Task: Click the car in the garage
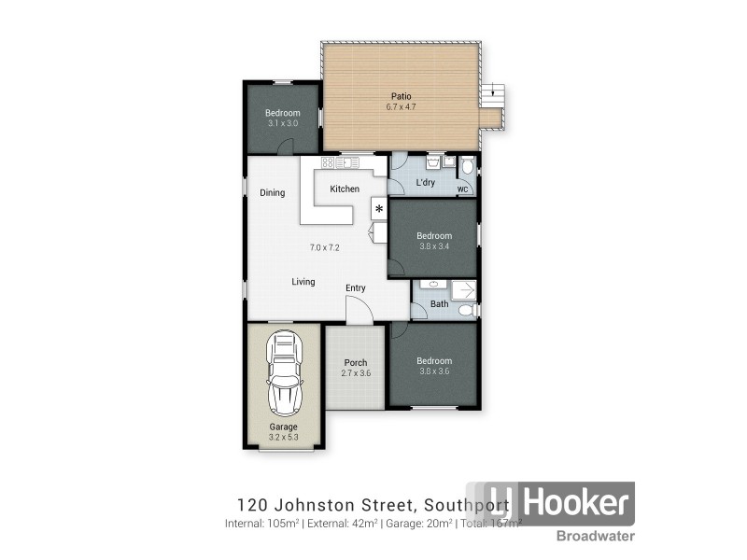285,375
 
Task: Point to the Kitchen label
345,189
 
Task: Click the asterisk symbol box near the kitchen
379,208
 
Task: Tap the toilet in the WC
467,169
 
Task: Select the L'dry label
426,182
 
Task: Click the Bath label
439,304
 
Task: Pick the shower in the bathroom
464,289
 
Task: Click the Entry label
355,287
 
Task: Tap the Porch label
355,362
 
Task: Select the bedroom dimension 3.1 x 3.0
282,123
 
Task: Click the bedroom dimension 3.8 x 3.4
434,246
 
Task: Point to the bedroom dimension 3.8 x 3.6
434,372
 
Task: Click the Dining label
272,193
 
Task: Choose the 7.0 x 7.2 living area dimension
324,247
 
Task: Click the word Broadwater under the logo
597,536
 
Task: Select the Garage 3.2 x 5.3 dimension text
284,437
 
